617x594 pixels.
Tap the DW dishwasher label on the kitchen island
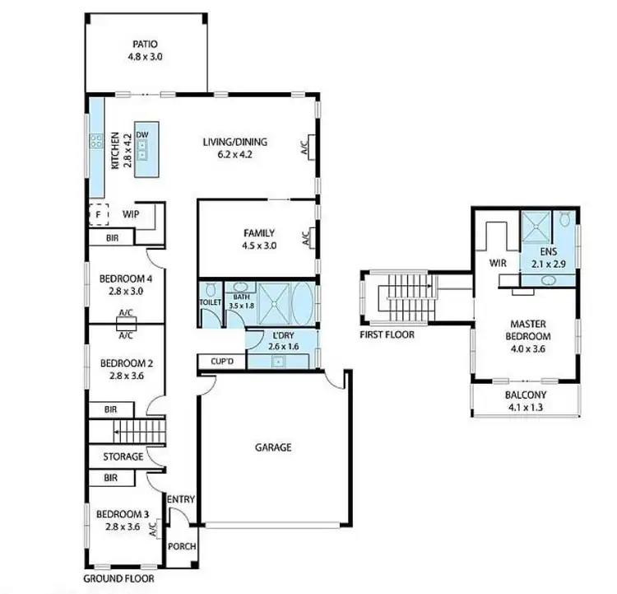(142, 134)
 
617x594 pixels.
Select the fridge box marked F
(98, 214)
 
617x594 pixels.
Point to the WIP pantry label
(130, 214)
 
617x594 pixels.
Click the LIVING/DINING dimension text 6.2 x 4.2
(235, 153)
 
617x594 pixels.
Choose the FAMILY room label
(258, 233)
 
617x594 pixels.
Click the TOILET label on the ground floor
(210, 302)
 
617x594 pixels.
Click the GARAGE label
(273, 447)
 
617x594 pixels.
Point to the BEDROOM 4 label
(127, 278)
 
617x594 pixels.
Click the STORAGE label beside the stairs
(123, 456)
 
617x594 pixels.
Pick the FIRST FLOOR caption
(387, 334)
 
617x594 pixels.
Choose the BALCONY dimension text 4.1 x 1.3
(525, 406)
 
